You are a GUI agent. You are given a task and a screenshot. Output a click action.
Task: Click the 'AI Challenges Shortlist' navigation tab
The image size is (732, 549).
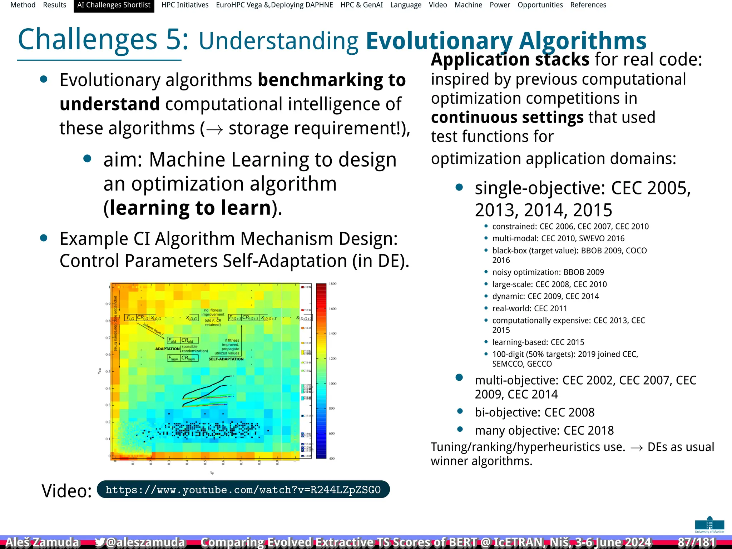coord(114,5)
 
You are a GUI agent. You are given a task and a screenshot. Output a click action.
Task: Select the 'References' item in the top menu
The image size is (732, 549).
coord(588,5)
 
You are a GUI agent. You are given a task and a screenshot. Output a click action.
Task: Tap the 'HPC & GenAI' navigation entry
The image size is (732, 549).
coord(361,5)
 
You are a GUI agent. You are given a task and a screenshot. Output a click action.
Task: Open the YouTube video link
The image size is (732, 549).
coord(243,490)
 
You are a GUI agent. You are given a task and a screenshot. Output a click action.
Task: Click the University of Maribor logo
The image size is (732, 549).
coord(709,525)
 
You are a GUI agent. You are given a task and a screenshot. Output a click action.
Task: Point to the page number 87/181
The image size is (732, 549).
coord(697,542)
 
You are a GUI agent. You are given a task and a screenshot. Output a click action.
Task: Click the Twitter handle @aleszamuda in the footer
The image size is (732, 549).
coord(140,542)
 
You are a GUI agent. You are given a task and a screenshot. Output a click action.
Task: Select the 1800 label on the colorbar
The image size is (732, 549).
coord(333,284)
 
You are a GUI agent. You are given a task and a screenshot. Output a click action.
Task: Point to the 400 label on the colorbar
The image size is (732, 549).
coord(332,458)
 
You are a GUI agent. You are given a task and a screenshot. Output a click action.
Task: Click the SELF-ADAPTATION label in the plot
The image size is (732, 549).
coord(226,359)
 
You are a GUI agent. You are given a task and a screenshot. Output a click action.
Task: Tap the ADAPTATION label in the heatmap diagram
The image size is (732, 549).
coord(167,348)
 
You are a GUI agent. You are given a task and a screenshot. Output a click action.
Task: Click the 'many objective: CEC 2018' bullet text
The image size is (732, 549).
coord(544,430)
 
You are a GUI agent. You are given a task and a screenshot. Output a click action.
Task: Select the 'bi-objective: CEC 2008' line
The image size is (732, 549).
coord(534,412)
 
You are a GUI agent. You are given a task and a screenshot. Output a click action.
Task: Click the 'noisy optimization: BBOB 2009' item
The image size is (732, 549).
coord(548,272)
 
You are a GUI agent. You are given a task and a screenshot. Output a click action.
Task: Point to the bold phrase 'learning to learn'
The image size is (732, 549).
coord(191,208)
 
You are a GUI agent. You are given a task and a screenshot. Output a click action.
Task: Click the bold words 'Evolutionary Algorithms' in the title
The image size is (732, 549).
coord(506,41)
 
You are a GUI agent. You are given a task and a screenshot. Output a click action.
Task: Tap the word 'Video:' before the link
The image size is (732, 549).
coord(67,491)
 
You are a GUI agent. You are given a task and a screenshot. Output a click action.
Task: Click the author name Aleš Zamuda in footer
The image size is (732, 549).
coord(42,542)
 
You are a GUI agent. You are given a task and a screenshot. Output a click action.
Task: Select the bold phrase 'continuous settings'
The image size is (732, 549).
coord(507,117)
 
